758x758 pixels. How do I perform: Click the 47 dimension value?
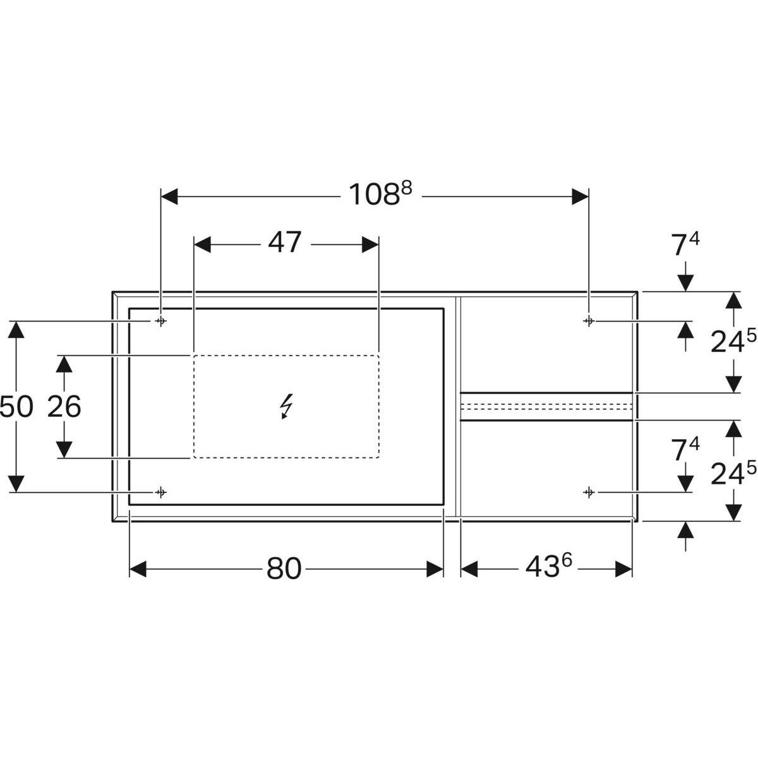pyautogui.click(x=285, y=243)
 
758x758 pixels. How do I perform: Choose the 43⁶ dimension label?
pyautogui.click(x=548, y=568)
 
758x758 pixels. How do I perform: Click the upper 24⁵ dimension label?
pyautogui.click(x=733, y=342)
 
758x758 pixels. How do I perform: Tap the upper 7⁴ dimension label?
pyautogui.click(x=685, y=245)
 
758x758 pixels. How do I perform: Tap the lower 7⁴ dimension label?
pyautogui.click(x=685, y=450)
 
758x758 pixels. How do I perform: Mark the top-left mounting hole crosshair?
pyautogui.click(x=161, y=321)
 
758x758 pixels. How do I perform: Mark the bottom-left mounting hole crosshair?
pyautogui.click(x=161, y=491)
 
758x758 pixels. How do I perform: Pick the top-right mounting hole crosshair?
pyautogui.click(x=588, y=321)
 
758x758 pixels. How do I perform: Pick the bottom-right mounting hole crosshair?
pyautogui.click(x=588, y=491)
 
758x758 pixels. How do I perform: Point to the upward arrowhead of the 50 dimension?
pyautogui.click(x=17, y=330)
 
